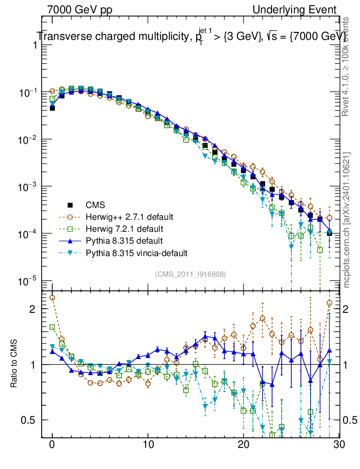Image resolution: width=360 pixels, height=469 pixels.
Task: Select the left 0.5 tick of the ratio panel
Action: (x=28, y=420)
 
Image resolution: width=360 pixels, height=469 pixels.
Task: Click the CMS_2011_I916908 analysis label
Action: (x=191, y=274)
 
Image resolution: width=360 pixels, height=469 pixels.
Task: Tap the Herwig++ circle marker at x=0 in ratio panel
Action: (x=52, y=298)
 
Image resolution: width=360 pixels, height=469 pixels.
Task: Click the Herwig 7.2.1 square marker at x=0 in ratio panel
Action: (x=52, y=327)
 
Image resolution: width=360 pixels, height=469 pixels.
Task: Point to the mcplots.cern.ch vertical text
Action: (x=347, y=220)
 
